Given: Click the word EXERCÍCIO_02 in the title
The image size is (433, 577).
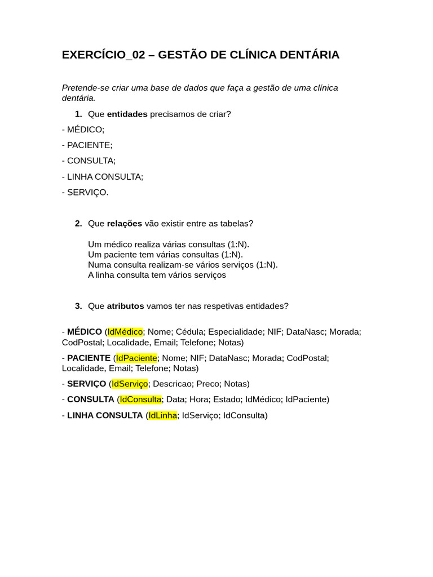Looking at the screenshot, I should [x=103, y=55].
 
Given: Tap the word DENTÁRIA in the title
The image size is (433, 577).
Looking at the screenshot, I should [x=307, y=55].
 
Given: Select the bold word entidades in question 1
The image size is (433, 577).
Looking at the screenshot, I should [x=127, y=114].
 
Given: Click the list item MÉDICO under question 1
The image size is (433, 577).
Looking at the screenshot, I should [x=85, y=130].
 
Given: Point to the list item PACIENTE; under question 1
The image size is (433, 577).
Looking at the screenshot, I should [x=89, y=145].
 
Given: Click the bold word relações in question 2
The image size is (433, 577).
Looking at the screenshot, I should [x=124, y=224].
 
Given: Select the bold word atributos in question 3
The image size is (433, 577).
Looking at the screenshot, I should [x=125, y=306].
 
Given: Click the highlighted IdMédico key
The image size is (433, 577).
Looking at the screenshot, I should [x=125, y=332].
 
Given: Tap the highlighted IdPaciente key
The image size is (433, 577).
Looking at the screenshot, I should [x=136, y=358].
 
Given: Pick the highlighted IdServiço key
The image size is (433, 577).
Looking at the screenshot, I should [x=130, y=384].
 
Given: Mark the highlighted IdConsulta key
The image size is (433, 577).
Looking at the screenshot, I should [x=140, y=400].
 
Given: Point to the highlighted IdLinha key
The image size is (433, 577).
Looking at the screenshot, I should [x=162, y=415].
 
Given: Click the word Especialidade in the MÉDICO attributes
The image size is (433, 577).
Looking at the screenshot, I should [x=236, y=332].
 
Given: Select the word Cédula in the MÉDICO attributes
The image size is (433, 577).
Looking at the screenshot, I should [x=189, y=332].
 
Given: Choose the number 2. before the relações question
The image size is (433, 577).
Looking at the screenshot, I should [x=78, y=224].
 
